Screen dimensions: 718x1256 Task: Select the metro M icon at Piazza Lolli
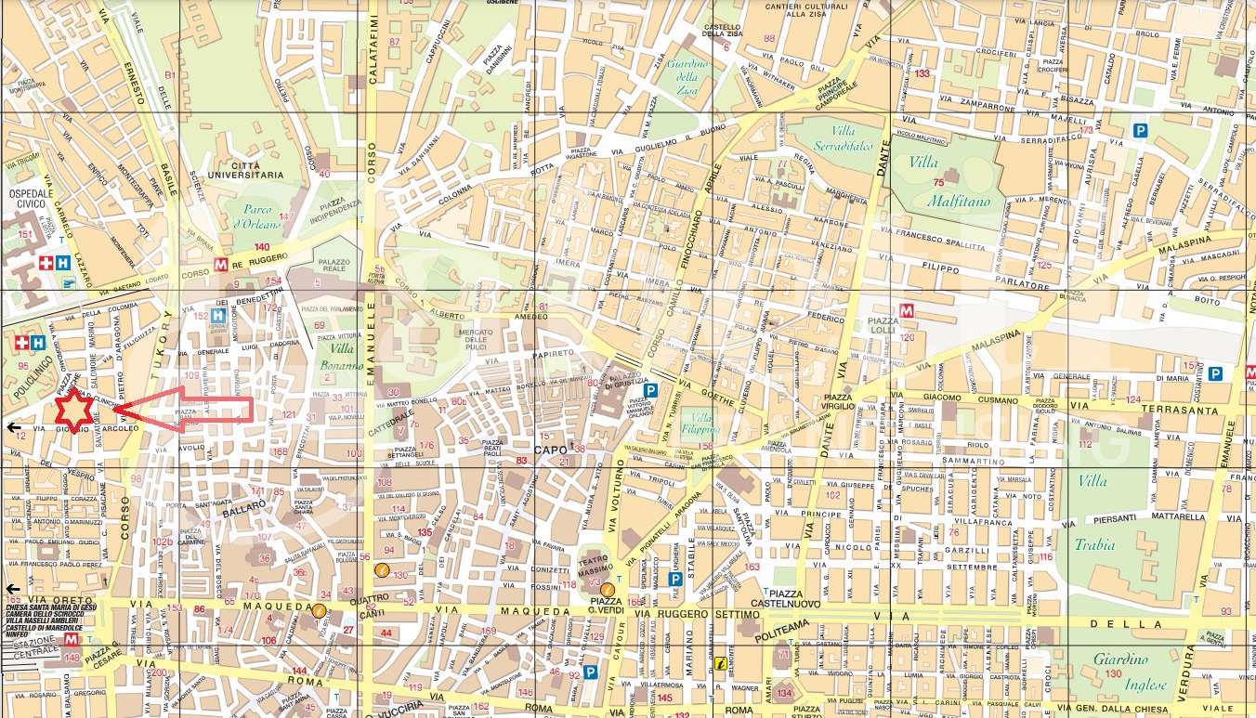[907, 310]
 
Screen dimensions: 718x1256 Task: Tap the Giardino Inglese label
[1119, 671]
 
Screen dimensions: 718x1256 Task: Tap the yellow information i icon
[718, 663]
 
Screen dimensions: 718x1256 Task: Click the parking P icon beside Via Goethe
[653, 391]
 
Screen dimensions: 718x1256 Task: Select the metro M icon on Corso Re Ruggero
[221, 264]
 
